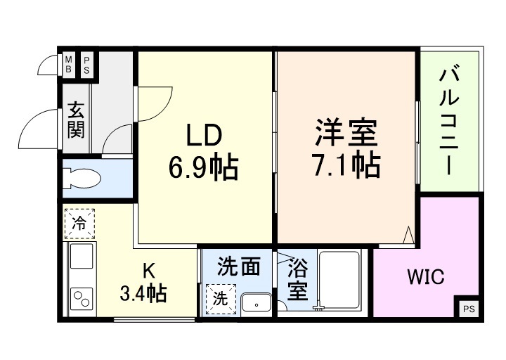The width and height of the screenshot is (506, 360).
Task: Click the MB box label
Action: coord(69,65)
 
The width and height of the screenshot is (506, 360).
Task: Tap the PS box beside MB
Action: coord(87,65)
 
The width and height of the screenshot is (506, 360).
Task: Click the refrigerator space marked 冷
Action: coord(80,224)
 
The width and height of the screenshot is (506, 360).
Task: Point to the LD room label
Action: coord(204,134)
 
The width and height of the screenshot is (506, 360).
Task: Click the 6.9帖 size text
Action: coord(203,167)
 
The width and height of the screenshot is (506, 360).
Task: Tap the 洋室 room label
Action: coord(346,132)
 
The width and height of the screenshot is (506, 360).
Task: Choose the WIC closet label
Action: coord(426,277)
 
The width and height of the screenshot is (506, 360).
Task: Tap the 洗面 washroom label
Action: coord(239,266)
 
